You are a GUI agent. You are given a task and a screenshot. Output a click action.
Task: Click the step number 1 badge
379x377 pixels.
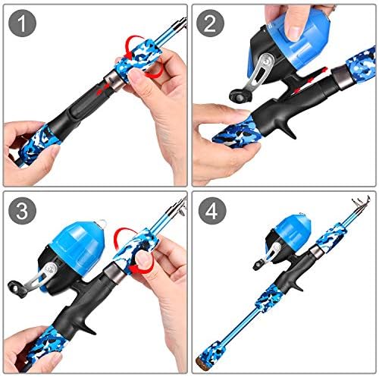click(x=25, y=25)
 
